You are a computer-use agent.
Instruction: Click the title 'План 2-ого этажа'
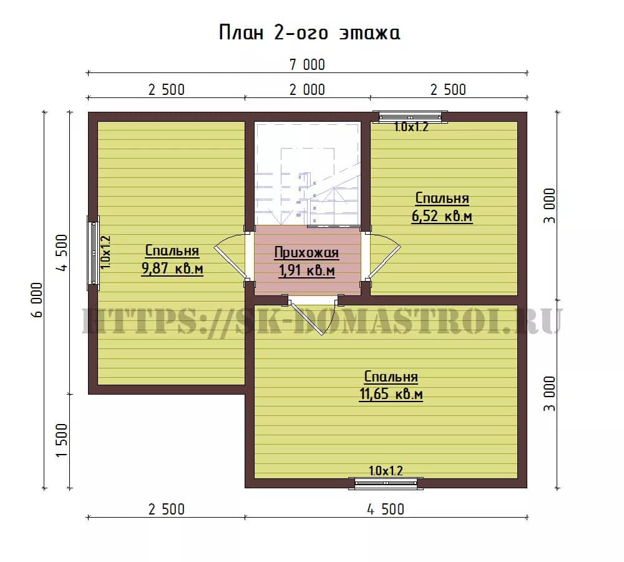point(310,32)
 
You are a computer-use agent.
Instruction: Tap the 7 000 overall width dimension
point(307,64)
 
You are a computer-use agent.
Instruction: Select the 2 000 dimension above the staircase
point(307,90)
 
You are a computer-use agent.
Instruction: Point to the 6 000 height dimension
point(36,300)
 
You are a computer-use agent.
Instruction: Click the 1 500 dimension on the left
point(62,440)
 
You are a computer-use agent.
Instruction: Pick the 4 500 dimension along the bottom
point(386,509)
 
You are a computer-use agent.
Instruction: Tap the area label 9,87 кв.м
point(172,269)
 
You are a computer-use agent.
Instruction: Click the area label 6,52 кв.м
point(442,216)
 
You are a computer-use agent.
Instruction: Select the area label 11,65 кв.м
point(391,394)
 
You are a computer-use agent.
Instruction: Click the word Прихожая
point(306,252)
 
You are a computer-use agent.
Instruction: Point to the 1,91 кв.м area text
point(306,270)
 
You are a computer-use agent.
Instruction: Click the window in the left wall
point(94,250)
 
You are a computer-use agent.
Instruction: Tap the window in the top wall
point(410,116)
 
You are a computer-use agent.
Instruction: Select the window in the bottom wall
point(386,483)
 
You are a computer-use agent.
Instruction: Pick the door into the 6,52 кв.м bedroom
point(383,255)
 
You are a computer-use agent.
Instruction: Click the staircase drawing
point(307,174)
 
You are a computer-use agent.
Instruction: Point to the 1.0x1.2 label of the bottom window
point(386,471)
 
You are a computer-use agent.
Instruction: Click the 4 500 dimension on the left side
point(62,252)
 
